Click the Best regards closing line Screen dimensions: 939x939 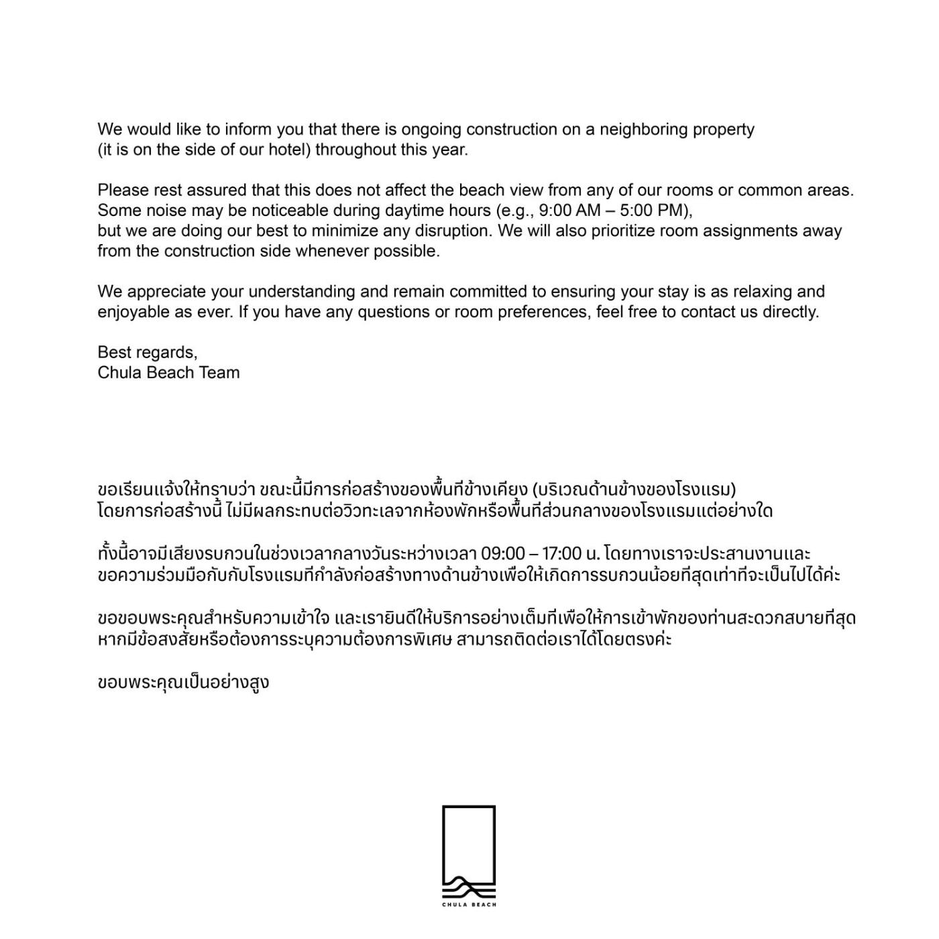pyautogui.click(x=148, y=353)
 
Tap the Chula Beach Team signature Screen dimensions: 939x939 pyautogui.click(x=168, y=373)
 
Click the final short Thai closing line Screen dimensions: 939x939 pyautogui.click(x=183, y=683)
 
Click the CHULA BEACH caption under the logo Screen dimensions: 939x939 pyautogui.click(x=469, y=905)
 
